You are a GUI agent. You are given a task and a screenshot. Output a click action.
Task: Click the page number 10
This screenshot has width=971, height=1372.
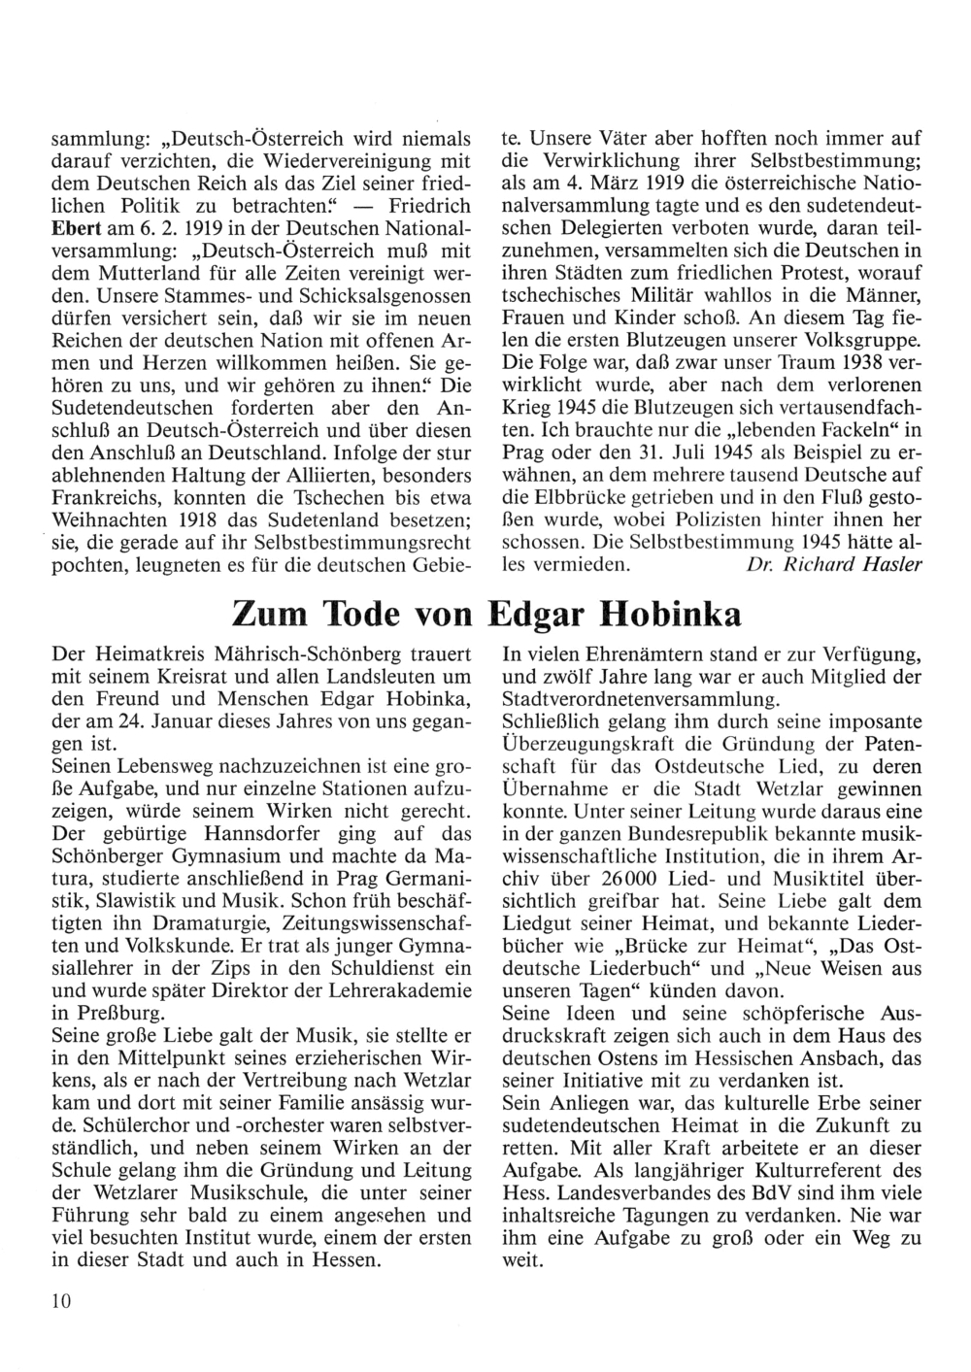(x=62, y=1301)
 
